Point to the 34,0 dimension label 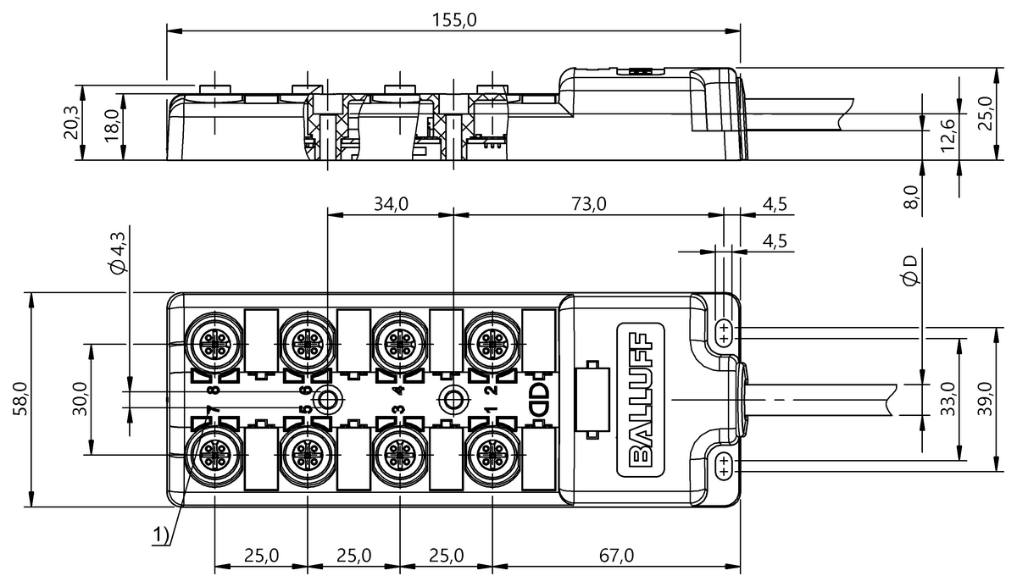point(391,203)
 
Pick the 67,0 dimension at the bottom point(616,556)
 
